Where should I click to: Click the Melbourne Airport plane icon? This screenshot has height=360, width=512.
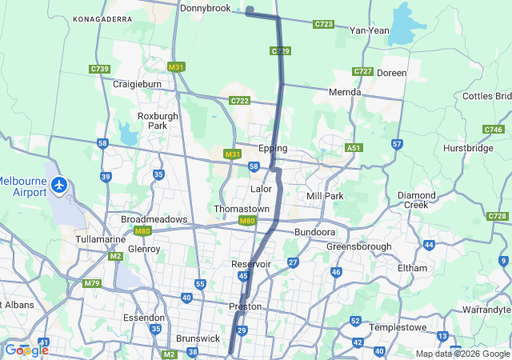point(59,185)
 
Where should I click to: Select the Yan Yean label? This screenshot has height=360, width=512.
point(370,30)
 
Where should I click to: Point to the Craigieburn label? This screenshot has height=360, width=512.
point(137,84)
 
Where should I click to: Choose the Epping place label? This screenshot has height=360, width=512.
point(273,149)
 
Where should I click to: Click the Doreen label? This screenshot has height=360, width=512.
point(391,73)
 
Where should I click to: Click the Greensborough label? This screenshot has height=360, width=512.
point(358,246)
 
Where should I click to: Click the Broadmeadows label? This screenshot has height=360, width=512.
point(154,219)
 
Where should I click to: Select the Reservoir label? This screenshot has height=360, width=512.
point(252,264)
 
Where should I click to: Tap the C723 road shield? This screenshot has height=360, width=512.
point(324,25)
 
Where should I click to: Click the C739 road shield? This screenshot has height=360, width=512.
point(100,69)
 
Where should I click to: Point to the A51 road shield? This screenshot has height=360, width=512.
point(354,148)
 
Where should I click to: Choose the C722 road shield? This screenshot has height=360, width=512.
point(239,101)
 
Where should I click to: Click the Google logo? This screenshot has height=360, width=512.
point(26,350)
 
